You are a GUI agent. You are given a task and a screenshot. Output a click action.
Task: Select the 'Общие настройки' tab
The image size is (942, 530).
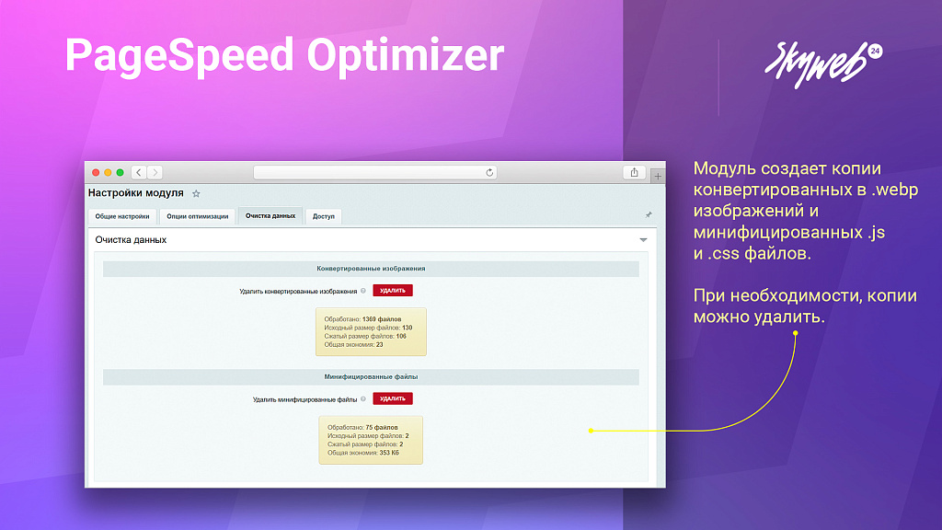(x=121, y=217)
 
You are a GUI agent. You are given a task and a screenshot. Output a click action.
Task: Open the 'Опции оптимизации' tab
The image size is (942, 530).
(x=197, y=217)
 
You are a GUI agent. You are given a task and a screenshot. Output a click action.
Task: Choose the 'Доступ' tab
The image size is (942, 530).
(x=323, y=217)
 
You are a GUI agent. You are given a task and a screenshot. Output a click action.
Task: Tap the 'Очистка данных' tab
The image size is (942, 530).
(x=270, y=216)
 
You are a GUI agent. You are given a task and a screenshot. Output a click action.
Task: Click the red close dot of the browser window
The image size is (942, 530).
(x=96, y=172)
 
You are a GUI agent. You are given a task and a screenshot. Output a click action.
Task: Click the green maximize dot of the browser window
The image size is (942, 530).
(x=120, y=172)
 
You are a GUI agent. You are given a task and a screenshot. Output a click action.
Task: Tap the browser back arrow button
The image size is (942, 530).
(x=138, y=172)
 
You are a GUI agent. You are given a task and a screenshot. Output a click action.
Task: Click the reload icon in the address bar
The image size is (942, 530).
(x=489, y=172)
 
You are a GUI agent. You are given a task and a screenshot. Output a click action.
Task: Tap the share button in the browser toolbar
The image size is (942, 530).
(x=634, y=172)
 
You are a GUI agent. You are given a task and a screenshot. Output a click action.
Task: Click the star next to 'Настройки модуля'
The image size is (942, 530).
(x=196, y=194)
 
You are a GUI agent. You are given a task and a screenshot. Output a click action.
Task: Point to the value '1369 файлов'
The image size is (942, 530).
(x=382, y=319)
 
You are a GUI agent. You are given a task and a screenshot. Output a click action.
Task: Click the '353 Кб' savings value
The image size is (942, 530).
(x=389, y=453)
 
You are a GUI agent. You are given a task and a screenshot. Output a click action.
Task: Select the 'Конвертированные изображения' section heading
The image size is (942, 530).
(x=371, y=269)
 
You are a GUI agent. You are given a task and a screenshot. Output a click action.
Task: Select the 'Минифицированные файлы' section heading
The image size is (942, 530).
(x=371, y=376)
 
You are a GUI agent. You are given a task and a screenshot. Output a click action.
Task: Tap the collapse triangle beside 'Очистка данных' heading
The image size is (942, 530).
(x=643, y=240)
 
